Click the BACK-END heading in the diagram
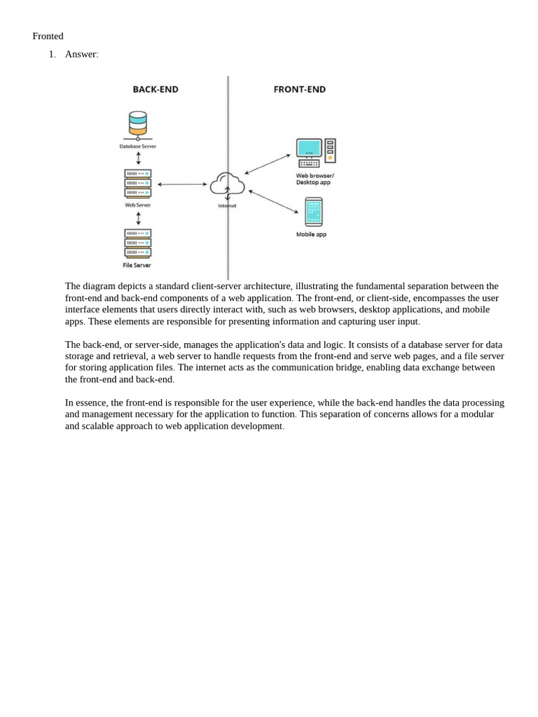pos(156,90)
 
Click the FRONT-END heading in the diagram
pos(299,90)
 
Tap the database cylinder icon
pos(138,124)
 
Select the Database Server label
pos(138,146)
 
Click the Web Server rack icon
pos(138,183)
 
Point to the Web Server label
pos(138,205)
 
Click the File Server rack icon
pos(138,242)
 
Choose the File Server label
pos(137,265)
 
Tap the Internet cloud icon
pos(227,184)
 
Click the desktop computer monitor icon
pos(310,149)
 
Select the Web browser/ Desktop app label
pos(315,179)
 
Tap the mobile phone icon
pos(314,211)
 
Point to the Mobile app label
pos(311,235)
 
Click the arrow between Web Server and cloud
pos(182,184)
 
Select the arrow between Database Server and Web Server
pos(138,158)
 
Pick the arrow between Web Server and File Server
pos(138,218)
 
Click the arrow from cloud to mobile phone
pos(273,202)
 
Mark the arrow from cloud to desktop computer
pos(268,164)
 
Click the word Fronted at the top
pos(48,36)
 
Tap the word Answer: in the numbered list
pos(81,55)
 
